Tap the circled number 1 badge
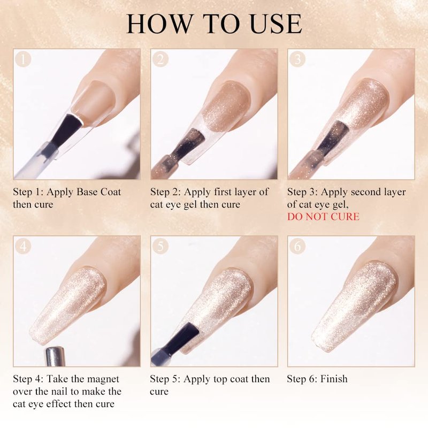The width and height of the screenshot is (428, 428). click(23, 59)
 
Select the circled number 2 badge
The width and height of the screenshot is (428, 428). click(160, 59)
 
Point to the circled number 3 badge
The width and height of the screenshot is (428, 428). click(297, 59)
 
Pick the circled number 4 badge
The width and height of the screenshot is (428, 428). click(23, 247)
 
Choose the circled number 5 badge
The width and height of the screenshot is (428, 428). click(160, 247)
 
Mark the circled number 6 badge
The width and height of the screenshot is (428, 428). click(297, 247)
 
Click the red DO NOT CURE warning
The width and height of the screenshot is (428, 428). click(323, 217)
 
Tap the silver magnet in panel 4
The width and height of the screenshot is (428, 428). click(55, 356)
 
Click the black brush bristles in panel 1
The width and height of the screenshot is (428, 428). click(66, 129)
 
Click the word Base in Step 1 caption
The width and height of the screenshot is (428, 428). click(87, 192)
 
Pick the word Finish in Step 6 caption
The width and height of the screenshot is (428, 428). click(334, 379)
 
